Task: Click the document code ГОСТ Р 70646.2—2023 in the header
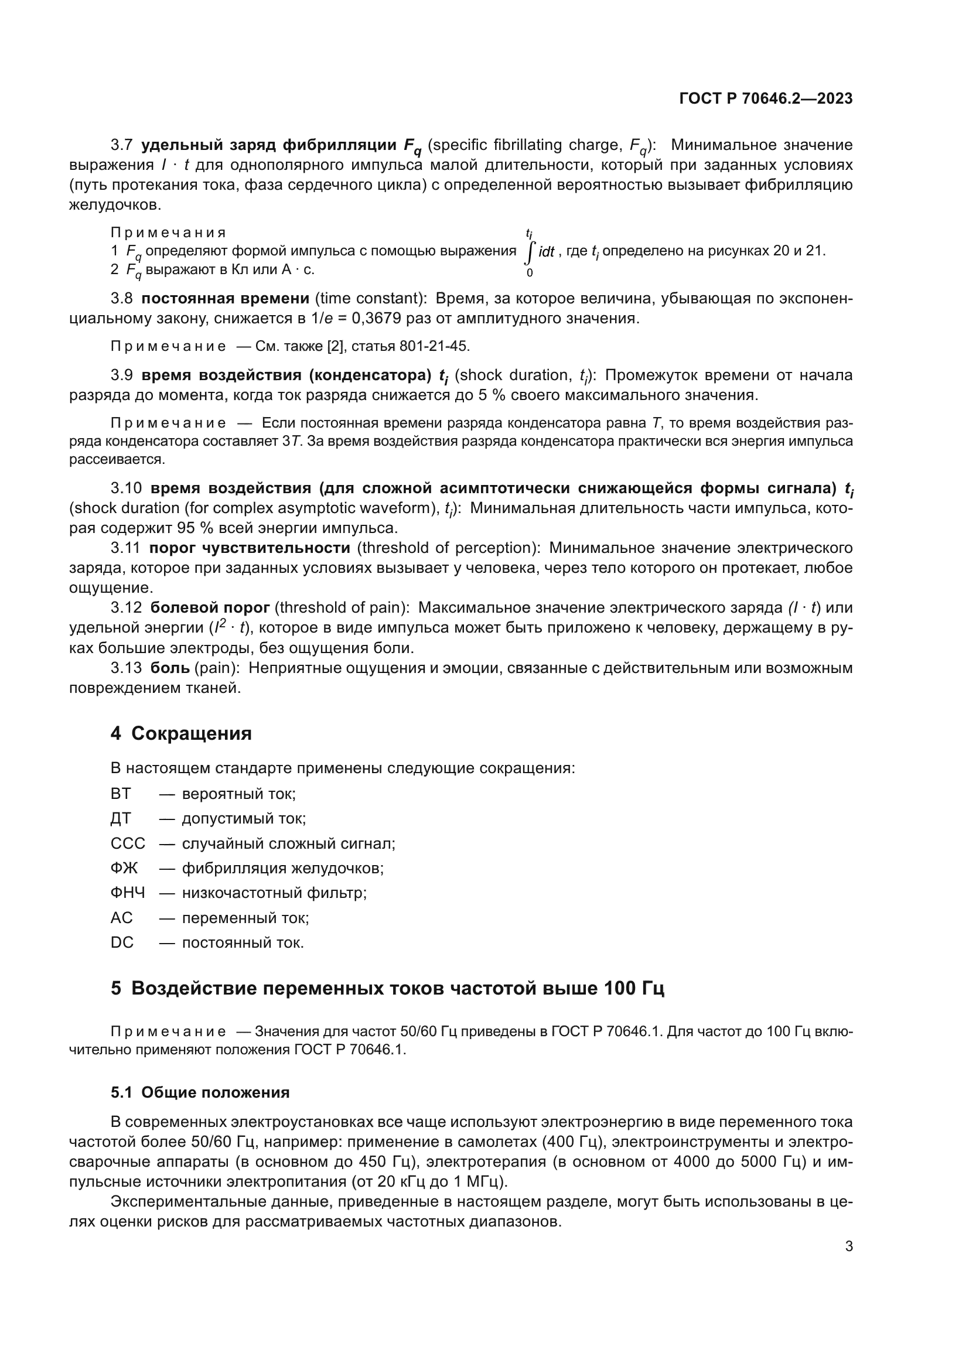[x=766, y=99]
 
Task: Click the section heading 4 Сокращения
[x=181, y=733]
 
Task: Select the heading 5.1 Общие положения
[x=200, y=1092]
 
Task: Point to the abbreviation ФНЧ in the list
[x=128, y=893]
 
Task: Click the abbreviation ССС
[x=128, y=843]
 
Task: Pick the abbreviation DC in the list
[x=122, y=942]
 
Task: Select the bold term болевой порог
[x=210, y=607]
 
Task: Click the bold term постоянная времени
[x=226, y=298]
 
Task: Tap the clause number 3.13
[x=126, y=668]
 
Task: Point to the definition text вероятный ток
[x=238, y=794]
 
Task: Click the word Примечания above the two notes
[x=168, y=233]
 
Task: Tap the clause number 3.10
[x=126, y=488]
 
